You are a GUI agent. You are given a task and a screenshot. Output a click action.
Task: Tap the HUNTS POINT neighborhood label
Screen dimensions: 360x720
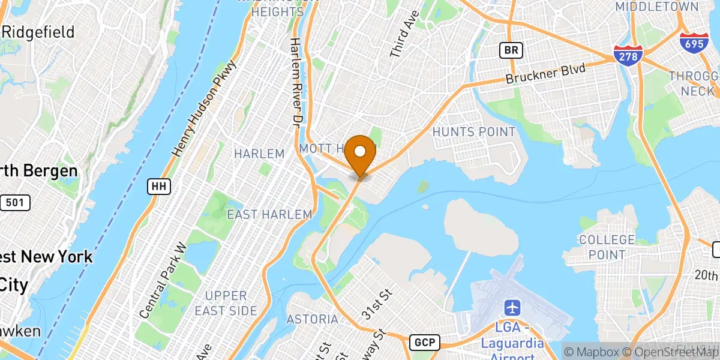click(x=473, y=132)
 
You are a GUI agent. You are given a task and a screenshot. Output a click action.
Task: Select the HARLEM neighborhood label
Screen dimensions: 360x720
click(x=259, y=154)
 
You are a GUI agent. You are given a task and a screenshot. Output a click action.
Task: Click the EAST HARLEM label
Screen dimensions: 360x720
click(x=269, y=214)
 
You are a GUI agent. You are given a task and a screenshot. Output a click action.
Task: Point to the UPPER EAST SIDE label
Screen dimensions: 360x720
click(x=226, y=303)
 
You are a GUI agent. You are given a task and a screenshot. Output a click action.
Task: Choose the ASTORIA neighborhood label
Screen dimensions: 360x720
click(x=312, y=319)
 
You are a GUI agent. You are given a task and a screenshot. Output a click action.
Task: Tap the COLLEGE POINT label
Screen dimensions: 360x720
click(x=607, y=247)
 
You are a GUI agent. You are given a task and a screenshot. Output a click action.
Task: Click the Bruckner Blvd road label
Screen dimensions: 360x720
click(x=545, y=74)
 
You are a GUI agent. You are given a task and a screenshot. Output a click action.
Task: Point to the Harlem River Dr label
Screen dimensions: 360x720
click(x=295, y=82)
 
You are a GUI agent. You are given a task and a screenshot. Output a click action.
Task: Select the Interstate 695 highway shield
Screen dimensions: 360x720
click(x=694, y=43)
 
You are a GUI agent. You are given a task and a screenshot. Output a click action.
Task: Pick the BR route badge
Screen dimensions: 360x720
click(x=511, y=50)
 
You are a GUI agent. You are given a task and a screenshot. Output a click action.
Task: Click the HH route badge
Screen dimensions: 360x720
click(x=159, y=187)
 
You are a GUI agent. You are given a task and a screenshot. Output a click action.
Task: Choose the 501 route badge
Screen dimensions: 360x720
click(x=15, y=202)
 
